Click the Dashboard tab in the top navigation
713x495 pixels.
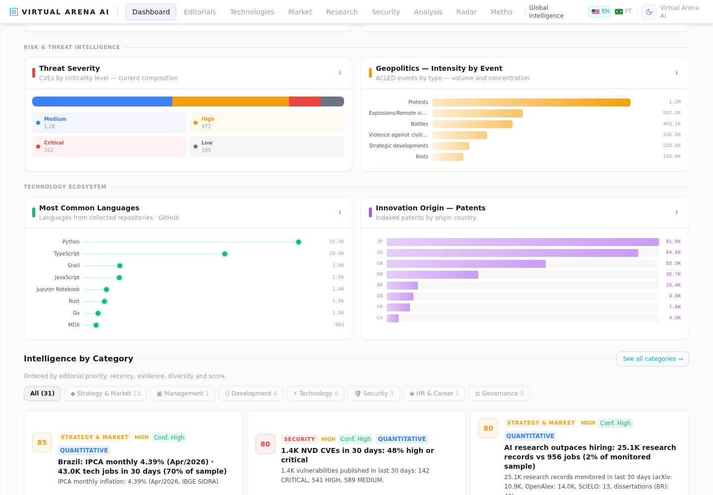click(151, 12)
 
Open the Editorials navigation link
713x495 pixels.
click(200, 12)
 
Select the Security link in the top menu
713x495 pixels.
click(386, 12)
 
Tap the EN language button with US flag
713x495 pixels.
click(599, 11)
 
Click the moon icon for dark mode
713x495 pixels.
click(649, 12)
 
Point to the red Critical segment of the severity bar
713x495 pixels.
click(305, 101)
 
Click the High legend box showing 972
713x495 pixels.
click(267, 122)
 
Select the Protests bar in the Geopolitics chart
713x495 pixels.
click(531, 102)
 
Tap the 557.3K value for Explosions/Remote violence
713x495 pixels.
click(671, 113)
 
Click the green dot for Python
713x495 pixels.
click(299, 242)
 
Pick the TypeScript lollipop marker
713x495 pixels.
click(225, 254)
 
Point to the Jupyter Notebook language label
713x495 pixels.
click(58, 289)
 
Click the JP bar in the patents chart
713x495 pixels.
click(523, 242)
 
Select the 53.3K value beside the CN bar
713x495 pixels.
click(673, 263)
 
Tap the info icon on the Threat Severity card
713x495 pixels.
click(340, 73)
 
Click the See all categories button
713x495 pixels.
click(653, 359)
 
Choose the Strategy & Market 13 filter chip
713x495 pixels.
click(105, 394)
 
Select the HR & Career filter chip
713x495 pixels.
click(434, 394)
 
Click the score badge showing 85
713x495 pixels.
click(42, 443)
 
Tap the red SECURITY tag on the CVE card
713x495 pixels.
click(300, 439)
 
